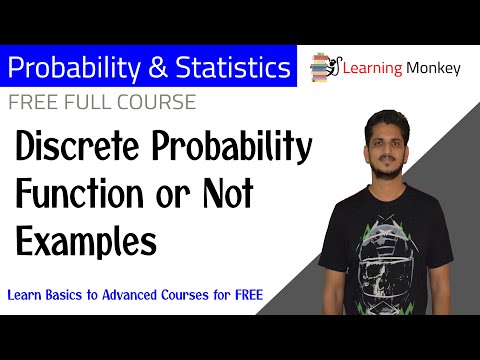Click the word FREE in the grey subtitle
(x=31, y=102)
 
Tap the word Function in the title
(x=76, y=196)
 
